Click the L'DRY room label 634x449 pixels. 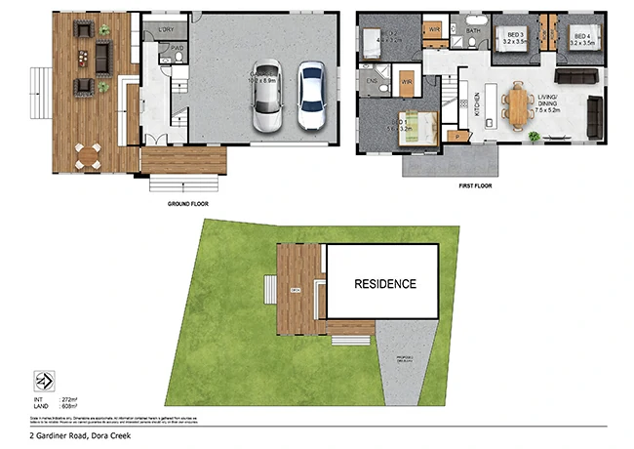(x=165, y=31)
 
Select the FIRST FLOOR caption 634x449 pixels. (x=475, y=183)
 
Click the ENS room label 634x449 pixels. (x=372, y=80)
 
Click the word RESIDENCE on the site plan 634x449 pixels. (x=384, y=284)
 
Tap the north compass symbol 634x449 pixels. (x=44, y=381)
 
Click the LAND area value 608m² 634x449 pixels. (x=69, y=407)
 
